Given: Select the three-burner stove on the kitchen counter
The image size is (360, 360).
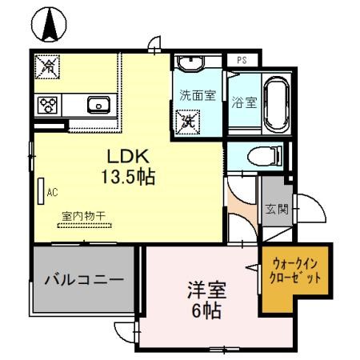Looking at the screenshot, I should click(x=46, y=104).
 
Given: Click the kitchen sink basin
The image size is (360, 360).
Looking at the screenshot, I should click(x=100, y=103).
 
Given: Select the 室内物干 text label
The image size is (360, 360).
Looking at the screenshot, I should click(x=84, y=215).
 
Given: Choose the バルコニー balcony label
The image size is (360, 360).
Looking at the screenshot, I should click(x=84, y=281).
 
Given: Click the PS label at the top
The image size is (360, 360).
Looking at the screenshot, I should click(x=242, y=59).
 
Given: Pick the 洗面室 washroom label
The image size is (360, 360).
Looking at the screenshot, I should click(x=198, y=95).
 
